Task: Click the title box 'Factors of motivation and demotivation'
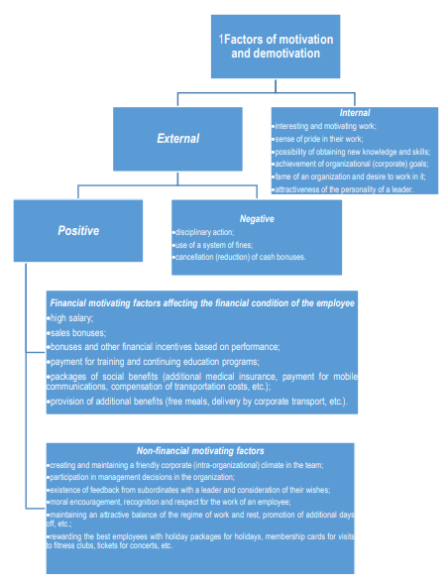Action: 276,46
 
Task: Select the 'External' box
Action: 177,139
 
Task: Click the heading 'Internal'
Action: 355,113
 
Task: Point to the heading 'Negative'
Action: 256,218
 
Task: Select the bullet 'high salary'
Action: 70,317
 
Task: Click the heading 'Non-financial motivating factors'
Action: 201,449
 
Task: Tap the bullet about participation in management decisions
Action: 143,477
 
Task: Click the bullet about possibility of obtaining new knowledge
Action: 352,151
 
